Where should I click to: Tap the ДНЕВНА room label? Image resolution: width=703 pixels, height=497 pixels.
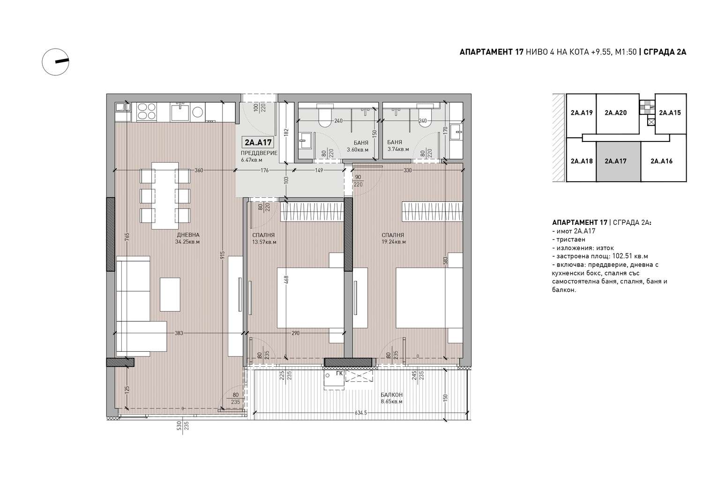(188, 235)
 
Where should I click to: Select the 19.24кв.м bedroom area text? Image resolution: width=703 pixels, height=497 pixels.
(394, 242)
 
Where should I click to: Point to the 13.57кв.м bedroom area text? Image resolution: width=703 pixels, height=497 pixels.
(264, 242)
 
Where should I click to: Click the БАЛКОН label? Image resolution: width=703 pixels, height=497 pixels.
(391, 395)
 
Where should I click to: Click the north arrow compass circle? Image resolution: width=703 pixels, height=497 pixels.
(56, 62)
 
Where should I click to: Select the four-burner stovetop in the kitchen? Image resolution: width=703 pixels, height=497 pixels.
(147, 111)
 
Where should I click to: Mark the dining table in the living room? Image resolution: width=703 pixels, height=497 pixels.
(165, 196)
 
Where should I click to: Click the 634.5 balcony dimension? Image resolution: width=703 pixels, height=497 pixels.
(361, 413)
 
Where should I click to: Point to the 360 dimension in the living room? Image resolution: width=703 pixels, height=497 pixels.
(199, 171)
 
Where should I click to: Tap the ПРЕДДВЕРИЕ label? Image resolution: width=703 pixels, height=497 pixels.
(259, 153)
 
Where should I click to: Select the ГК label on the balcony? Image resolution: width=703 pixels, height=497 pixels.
(339, 373)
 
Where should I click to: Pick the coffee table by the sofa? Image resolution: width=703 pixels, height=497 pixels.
(170, 294)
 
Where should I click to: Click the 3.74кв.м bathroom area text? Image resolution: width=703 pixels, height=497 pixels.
(398, 149)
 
